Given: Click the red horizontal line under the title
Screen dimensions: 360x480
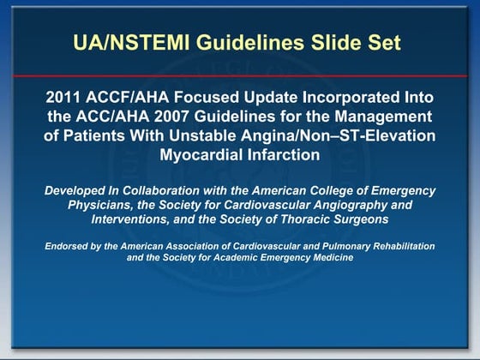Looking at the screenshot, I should pyautogui.click(x=240, y=75).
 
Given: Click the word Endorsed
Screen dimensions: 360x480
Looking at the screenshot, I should pyautogui.click(x=69, y=246).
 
